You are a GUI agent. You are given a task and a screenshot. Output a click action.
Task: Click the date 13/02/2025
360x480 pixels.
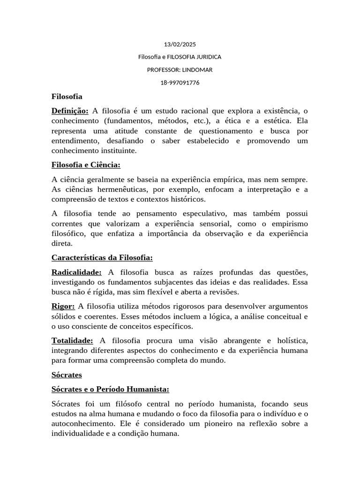click(x=180, y=45)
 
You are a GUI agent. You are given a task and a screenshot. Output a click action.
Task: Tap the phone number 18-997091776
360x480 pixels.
click(x=180, y=82)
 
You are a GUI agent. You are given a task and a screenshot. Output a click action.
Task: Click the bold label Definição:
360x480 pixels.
click(x=70, y=111)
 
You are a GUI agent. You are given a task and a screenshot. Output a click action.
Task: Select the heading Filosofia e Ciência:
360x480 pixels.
click(x=86, y=165)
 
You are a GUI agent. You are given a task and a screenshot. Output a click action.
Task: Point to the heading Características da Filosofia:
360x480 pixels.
click(x=102, y=258)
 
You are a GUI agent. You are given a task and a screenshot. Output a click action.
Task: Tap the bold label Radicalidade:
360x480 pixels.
click(x=76, y=272)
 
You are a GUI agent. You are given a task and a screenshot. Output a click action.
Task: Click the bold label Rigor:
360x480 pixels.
click(x=63, y=307)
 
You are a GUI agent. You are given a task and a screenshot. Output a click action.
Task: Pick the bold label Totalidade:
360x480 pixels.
click(x=72, y=340)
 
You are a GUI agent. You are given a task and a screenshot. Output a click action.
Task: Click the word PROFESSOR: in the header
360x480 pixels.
click(x=164, y=70)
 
